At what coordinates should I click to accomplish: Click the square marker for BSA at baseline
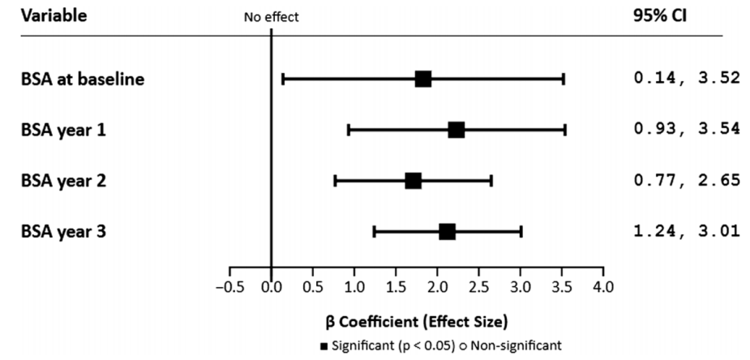pyautogui.click(x=422, y=79)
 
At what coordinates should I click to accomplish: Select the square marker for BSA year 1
pyautogui.click(x=456, y=130)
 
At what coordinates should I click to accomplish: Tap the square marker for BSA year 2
pyautogui.click(x=413, y=181)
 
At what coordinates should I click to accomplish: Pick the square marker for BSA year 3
pyautogui.click(x=447, y=232)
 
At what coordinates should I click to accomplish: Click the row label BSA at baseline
pyautogui.click(x=84, y=79)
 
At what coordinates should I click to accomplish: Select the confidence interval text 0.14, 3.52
pyautogui.click(x=686, y=79)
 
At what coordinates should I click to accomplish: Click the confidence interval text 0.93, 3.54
pyautogui.click(x=686, y=130)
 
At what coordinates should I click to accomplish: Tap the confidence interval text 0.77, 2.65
pyautogui.click(x=686, y=180)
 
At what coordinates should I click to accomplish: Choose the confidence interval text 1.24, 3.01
pyautogui.click(x=686, y=232)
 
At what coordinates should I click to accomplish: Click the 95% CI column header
pyautogui.click(x=665, y=16)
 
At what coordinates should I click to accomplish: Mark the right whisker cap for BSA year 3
pyautogui.click(x=521, y=232)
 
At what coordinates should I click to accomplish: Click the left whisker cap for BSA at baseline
pyautogui.click(x=282, y=79)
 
